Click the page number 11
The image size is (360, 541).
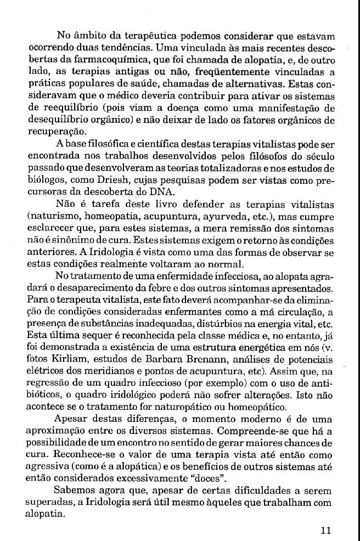coord(326,531)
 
